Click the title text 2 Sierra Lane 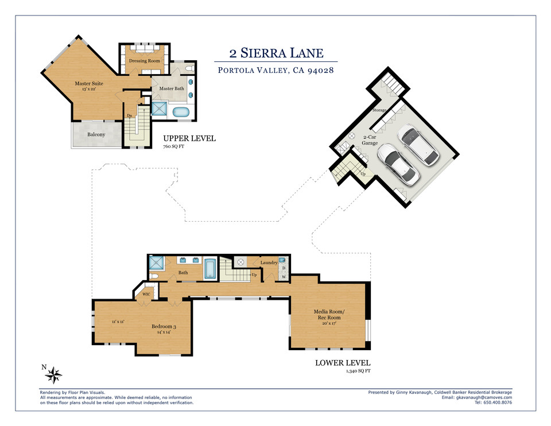point(276,54)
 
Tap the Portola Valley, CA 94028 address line point(276,71)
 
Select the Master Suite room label point(89,84)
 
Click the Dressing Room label point(143,61)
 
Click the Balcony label point(96,135)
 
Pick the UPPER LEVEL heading point(189,138)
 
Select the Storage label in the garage point(379,110)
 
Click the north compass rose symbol point(54,375)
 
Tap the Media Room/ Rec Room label point(327,315)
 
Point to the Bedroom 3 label point(164,327)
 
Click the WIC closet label point(147,294)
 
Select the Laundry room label point(269,263)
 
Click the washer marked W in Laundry point(283,277)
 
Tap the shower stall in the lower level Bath point(156,264)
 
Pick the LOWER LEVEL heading point(343,363)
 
